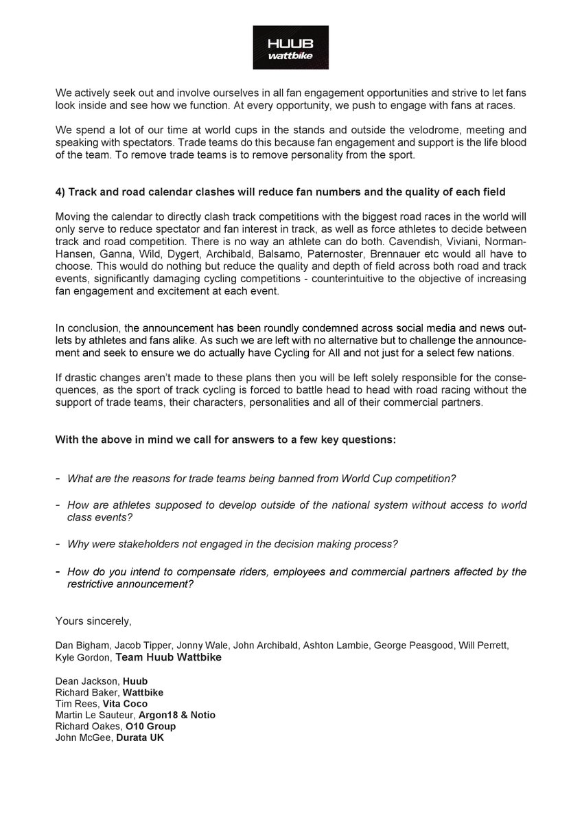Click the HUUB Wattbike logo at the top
pos(290,47)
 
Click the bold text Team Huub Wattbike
pos(169,657)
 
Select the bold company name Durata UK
pos(139,737)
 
